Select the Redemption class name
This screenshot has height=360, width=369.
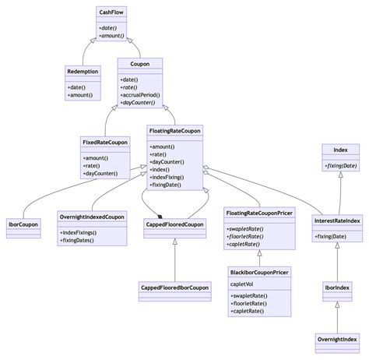(x=83, y=72)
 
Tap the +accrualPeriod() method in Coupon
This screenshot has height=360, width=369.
(x=141, y=94)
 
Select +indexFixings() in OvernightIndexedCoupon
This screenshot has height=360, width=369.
(x=81, y=231)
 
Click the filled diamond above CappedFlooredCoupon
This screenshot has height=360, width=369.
(x=160, y=217)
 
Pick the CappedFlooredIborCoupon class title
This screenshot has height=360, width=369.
(x=174, y=288)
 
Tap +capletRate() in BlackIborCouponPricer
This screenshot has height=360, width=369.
(x=248, y=312)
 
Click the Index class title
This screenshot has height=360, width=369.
(x=340, y=149)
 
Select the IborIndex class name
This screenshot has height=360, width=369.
(x=336, y=288)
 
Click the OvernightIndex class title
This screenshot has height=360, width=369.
(x=336, y=340)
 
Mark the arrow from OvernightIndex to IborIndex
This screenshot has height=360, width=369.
(x=337, y=316)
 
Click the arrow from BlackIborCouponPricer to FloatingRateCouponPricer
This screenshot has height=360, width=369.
(x=259, y=253)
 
